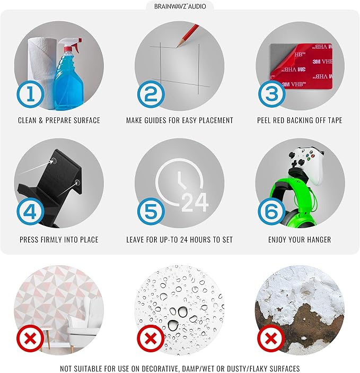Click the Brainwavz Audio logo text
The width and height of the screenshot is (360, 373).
pos(180,6)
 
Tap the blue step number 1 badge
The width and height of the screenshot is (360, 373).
pos(30,94)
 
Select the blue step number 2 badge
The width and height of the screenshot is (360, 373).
pos(151,94)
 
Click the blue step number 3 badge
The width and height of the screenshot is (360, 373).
pos(272,94)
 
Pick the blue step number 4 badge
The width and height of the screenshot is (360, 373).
pos(30,212)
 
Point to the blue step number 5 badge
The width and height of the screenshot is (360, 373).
pos(151,212)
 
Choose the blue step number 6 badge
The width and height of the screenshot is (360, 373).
pos(272,212)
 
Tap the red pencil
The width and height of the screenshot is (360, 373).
pos(188,35)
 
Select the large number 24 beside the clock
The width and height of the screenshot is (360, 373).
pos(195,202)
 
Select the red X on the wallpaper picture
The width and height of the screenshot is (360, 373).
pos(30,338)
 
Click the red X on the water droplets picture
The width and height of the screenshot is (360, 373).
pos(151,338)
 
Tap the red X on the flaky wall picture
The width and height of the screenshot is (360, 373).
pos(271,338)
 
